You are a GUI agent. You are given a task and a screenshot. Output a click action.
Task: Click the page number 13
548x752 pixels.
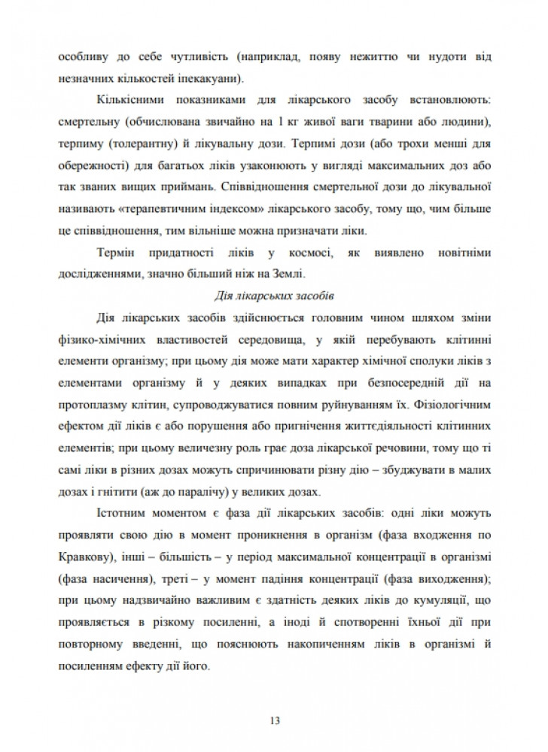coord(274,721)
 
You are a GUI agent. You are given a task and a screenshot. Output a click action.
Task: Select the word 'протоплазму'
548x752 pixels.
coord(87,397)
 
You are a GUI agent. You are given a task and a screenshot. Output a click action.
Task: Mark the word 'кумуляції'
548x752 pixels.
coord(444,599)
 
